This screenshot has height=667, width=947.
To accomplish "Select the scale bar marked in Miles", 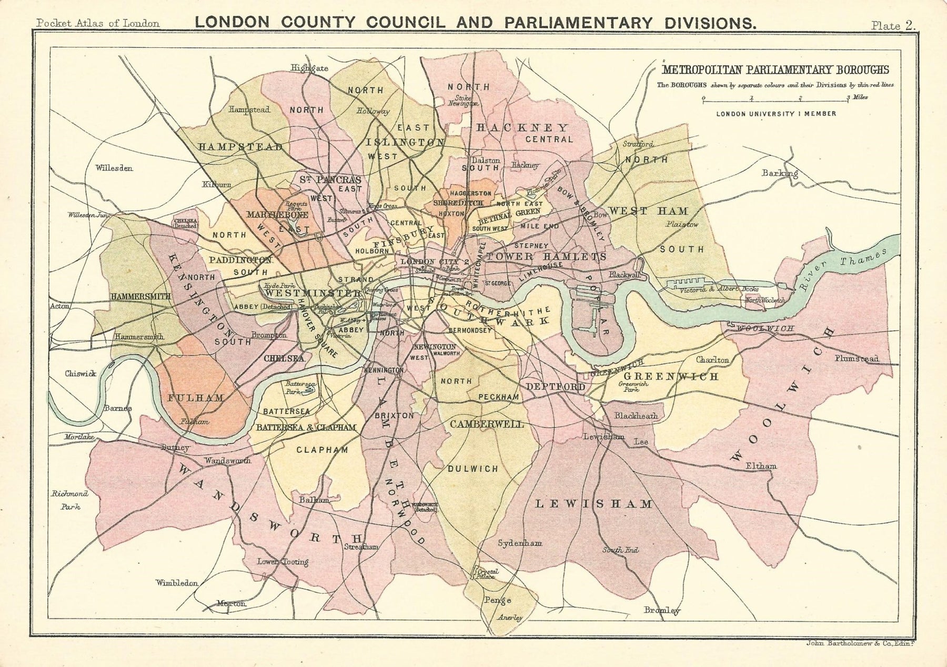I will coord(776,97).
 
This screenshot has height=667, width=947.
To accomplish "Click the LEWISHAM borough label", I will coord(593,504).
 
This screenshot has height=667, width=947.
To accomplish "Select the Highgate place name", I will coord(310,68).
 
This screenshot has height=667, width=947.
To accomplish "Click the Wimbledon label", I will coord(177,583).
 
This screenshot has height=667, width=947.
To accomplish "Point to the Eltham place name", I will coord(761,466).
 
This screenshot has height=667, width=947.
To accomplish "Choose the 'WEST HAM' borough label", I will coord(648,211).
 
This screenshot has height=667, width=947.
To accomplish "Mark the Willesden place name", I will coord(114,168).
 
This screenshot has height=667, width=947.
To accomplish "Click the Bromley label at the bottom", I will coord(662,610).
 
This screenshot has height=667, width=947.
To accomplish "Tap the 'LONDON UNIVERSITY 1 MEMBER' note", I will coord(775,113).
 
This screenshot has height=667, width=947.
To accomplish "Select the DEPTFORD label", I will coord(556,387).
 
